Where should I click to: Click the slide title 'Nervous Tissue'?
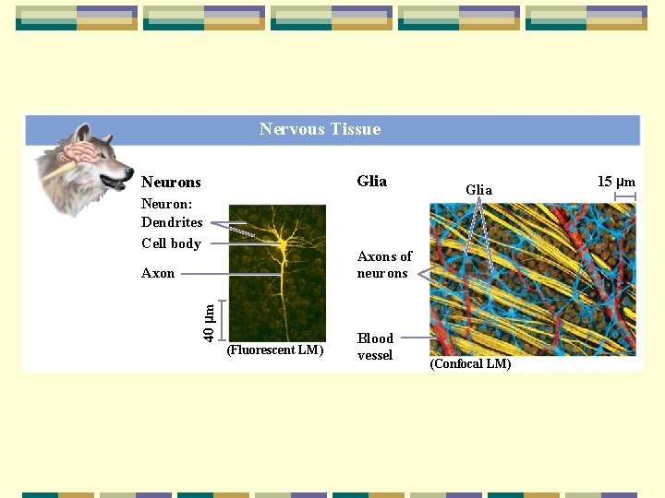pyautogui.click(x=320, y=129)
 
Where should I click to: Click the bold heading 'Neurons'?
pyautogui.click(x=171, y=183)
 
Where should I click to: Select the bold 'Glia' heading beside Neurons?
pyautogui.click(x=371, y=181)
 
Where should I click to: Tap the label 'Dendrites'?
pyautogui.click(x=172, y=222)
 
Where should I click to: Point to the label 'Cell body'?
pyautogui.click(x=171, y=243)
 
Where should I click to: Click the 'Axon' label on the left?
pyautogui.click(x=158, y=273)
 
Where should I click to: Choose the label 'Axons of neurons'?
pyautogui.click(x=383, y=265)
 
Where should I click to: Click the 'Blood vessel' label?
pyautogui.click(x=375, y=347)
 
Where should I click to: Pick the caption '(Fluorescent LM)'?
pyautogui.click(x=274, y=350)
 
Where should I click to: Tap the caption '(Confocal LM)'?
pyautogui.click(x=470, y=363)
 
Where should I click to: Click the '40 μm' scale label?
pyautogui.click(x=209, y=321)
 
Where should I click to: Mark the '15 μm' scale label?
pyautogui.click(x=616, y=182)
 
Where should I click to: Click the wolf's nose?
pyautogui.click(x=129, y=170)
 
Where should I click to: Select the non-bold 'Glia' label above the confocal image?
pyautogui.click(x=478, y=190)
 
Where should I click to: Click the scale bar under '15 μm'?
pyautogui.click(x=625, y=196)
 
